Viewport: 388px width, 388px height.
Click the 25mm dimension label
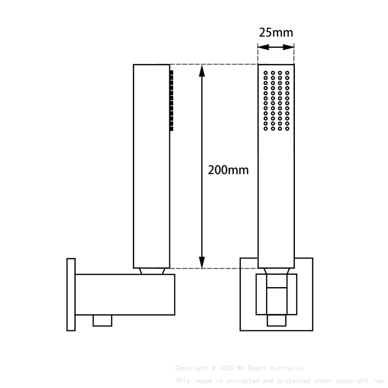pos(276,32)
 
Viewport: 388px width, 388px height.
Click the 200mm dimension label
pos(228,170)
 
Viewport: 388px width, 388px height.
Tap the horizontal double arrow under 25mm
pos(276,47)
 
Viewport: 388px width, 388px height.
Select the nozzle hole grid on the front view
pos(276,100)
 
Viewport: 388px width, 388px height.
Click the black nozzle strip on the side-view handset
pos(172,100)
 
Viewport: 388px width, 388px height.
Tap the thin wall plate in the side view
pos(71,294)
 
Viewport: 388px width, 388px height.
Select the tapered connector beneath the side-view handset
pos(152,271)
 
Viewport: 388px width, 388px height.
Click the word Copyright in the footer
pos(191,368)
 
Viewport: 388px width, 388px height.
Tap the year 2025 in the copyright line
pos(227,368)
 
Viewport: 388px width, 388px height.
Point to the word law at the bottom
pos(379,380)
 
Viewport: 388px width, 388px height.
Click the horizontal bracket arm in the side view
pos(125,294)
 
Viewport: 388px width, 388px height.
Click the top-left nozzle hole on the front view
pos(266,72)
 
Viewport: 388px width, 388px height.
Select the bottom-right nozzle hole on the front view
pos(287,129)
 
